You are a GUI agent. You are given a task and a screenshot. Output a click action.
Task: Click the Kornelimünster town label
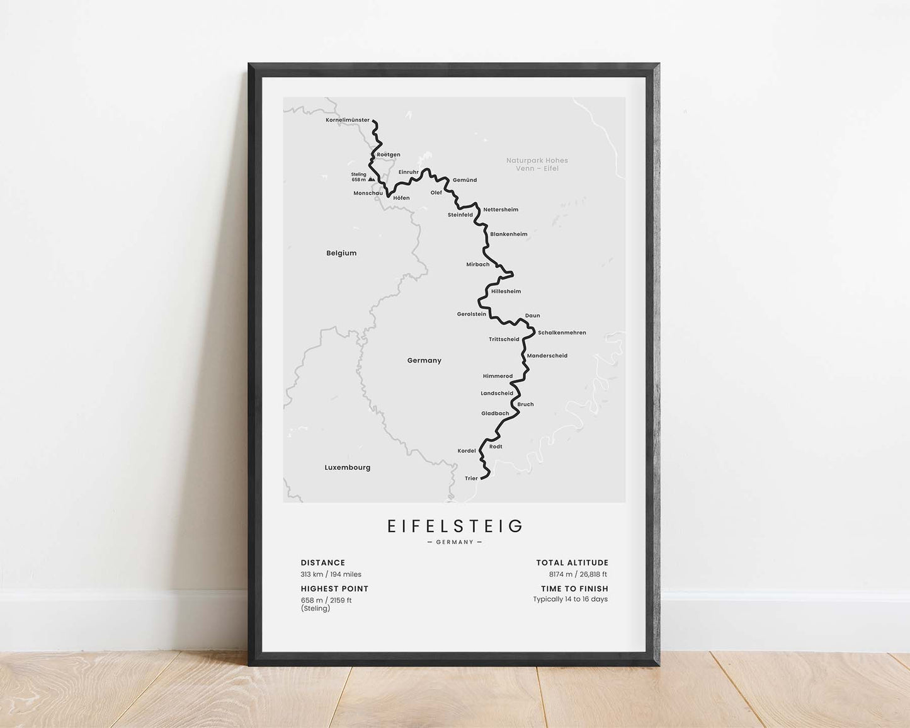pyautogui.click(x=348, y=120)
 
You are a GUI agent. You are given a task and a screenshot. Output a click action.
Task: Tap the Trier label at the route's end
pyautogui.click(x=471, y=479)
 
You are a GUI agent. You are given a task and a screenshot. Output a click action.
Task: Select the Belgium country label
pyautogui.click(x=341, y=253)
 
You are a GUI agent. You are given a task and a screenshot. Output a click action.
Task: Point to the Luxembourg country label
pyautogui.click(x=348, y=467)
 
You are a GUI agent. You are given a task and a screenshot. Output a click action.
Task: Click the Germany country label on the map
pyautogui.click(x=424, y=361)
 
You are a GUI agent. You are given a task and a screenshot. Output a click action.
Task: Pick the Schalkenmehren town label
pyautogui.click(x=562, y=333)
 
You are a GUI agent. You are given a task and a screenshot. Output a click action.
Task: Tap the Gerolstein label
pyautogui.click(x=472, y=314)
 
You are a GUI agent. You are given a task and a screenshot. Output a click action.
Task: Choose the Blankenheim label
pyautogui.click(x=509, y=234)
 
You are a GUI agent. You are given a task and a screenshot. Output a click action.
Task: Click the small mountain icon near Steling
pyautogui.click(x=372, y=179)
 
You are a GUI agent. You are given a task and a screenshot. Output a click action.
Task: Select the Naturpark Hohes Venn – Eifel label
pyautogui.click(x=537, y=164)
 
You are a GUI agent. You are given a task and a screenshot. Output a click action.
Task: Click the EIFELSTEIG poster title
pyautogui.click(x=455, y=526)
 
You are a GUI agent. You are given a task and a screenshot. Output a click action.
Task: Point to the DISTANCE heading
pyautogui.click(x=323, y=563)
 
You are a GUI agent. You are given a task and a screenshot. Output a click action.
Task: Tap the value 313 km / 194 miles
pyautogui.click(x=331, y=574)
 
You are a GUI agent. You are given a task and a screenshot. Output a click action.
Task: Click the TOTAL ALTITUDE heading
pyautogui.click(x=572, y=563)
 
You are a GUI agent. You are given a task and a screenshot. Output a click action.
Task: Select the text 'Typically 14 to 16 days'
pyautogui.click(x=571, y=599)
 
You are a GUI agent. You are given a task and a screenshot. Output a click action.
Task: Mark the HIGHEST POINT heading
pyautogui.click(x=334, y=589)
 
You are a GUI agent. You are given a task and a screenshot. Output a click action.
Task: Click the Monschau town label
pyautogui.click(x=368, y=193)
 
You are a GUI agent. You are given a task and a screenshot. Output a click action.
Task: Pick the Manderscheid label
pyautogui.click(x=547, y=356)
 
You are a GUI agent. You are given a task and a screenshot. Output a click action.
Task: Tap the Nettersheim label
pyautogui.click(x=501, y=210)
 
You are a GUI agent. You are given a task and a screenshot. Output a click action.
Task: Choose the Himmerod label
pyautogui.click(x=498, y=376)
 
